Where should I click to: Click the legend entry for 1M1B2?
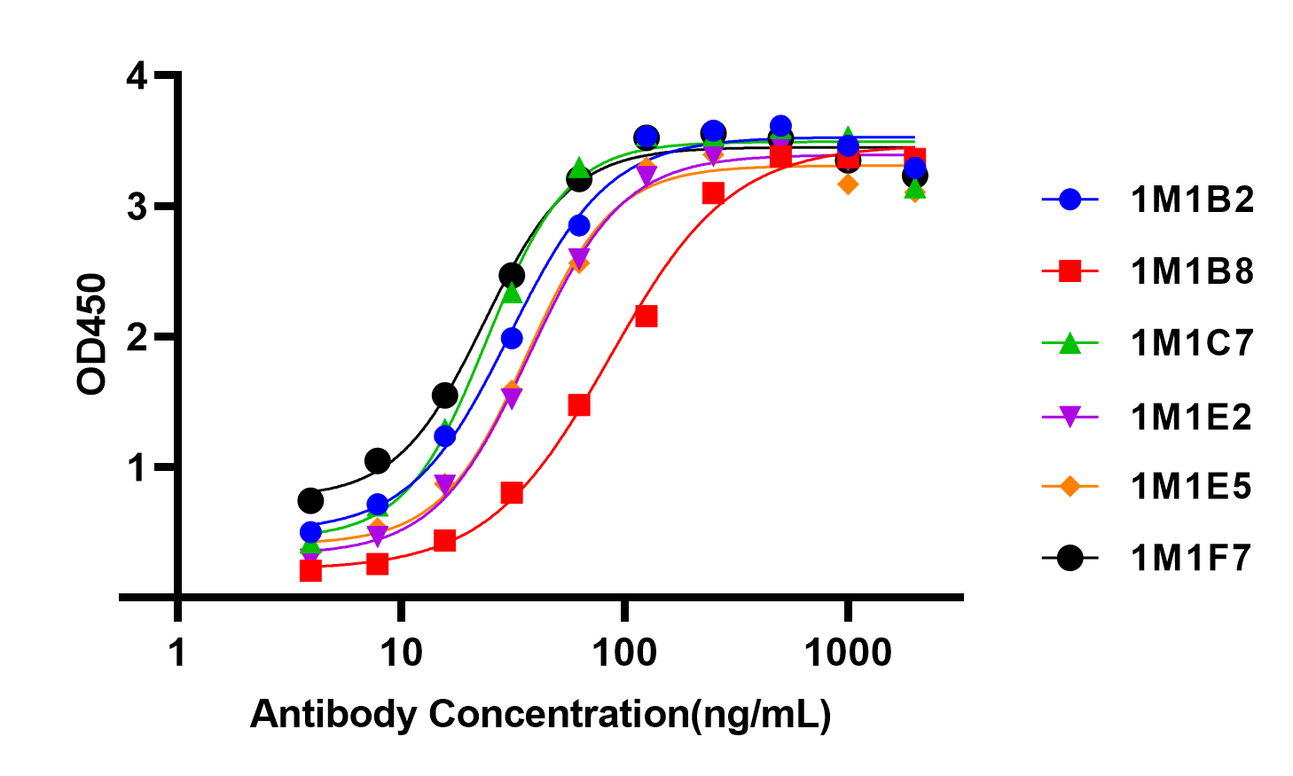coord(1192,200)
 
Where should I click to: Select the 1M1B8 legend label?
coord(1192,271)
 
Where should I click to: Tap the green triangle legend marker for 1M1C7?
coord(1070,342)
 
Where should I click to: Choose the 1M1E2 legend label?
coord(1191,416)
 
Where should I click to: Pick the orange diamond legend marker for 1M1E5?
coord(1070,486)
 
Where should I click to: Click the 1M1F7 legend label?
coord(1191,558)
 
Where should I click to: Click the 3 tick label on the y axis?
coord(137,207)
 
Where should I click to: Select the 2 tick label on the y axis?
coord(137,337)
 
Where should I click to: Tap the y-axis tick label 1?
coord(137,467)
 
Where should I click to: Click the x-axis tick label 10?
coord(402,653)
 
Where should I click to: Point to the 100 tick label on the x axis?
coord(625,653)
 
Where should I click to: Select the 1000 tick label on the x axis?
coord(848,653)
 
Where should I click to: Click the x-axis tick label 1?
coord(178,653)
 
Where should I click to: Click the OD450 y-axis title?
coord(92,334)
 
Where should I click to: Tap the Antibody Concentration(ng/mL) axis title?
coord(541,714)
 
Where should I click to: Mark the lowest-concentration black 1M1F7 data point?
coord(310,500)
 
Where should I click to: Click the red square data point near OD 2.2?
coord(646,316)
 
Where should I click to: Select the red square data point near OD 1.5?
coord(579,405)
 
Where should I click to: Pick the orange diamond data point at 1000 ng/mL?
coord(848,184)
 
